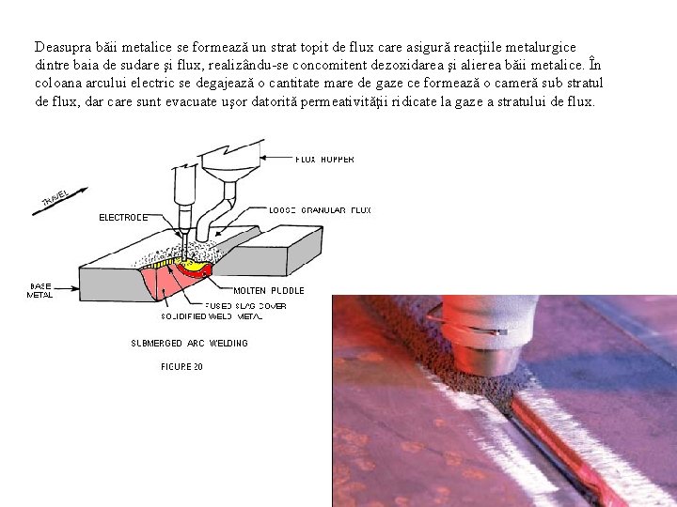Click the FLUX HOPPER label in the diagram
point(325,160)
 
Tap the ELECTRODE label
point(122,218)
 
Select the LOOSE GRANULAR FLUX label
point(320,210)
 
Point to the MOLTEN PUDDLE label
point(269,291)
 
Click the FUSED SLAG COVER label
point(246,306)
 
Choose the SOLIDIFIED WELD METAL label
point(205,317)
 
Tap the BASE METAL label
point(39,290)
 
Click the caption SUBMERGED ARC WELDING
point(189,344)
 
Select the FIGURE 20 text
point(181,367)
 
